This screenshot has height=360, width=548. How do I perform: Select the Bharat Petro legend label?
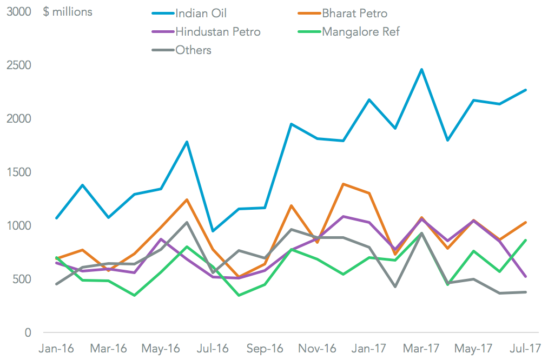coord(354,13)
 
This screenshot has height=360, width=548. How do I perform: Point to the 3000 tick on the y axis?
coord(19,12)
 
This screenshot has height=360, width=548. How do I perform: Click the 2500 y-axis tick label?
coord(19,65)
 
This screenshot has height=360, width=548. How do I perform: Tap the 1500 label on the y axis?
coord(19,172)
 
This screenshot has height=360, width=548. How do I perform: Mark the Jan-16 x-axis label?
coord(57,349)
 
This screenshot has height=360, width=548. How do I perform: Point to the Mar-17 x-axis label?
coord(421,349)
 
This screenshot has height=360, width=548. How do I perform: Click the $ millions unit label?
coord(68,12)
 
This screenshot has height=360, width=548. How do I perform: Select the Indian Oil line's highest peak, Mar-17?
coord(421,69)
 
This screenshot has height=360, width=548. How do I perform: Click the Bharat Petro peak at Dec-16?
coord(343,184)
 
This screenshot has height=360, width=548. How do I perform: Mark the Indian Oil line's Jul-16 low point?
coord(213,231)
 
